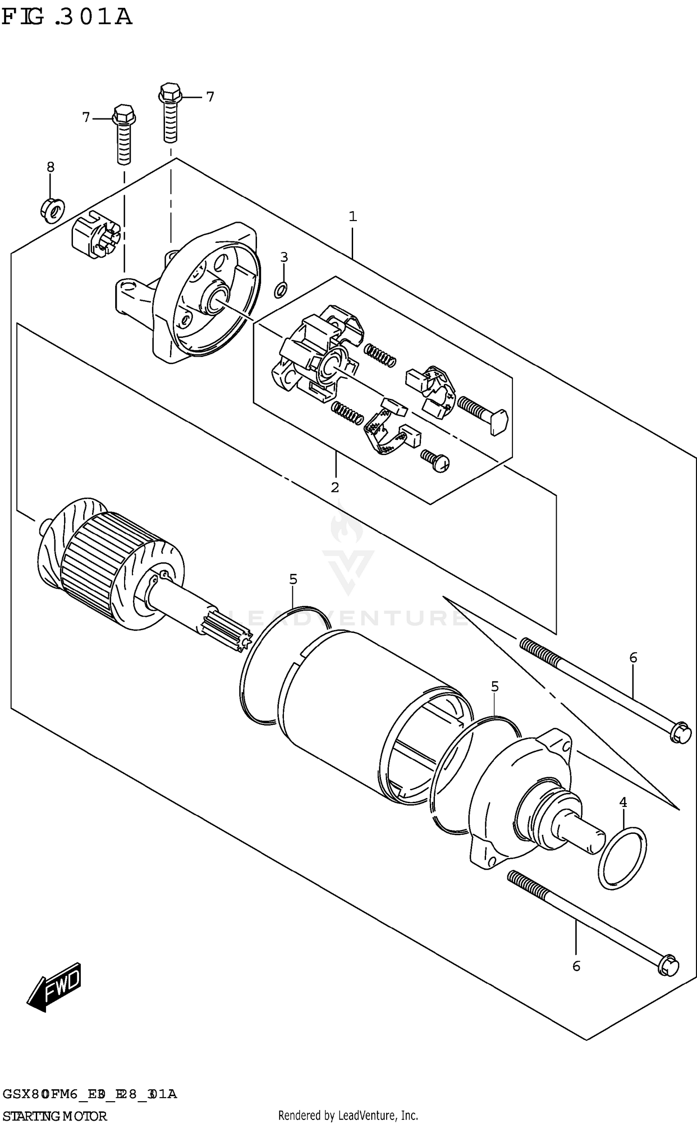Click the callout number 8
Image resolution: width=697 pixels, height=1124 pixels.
(50, 167)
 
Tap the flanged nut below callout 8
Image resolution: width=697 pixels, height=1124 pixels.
(52, 211)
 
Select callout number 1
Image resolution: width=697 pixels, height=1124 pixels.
(353, 216)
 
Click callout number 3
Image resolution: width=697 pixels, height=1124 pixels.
(284, 257)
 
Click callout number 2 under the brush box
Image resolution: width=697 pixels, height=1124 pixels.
(335, 487)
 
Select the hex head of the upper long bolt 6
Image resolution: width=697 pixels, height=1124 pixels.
(680, 733)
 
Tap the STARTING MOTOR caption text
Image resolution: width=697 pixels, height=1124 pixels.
(54, 1116)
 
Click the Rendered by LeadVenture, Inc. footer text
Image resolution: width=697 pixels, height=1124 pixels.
(348, 1115)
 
